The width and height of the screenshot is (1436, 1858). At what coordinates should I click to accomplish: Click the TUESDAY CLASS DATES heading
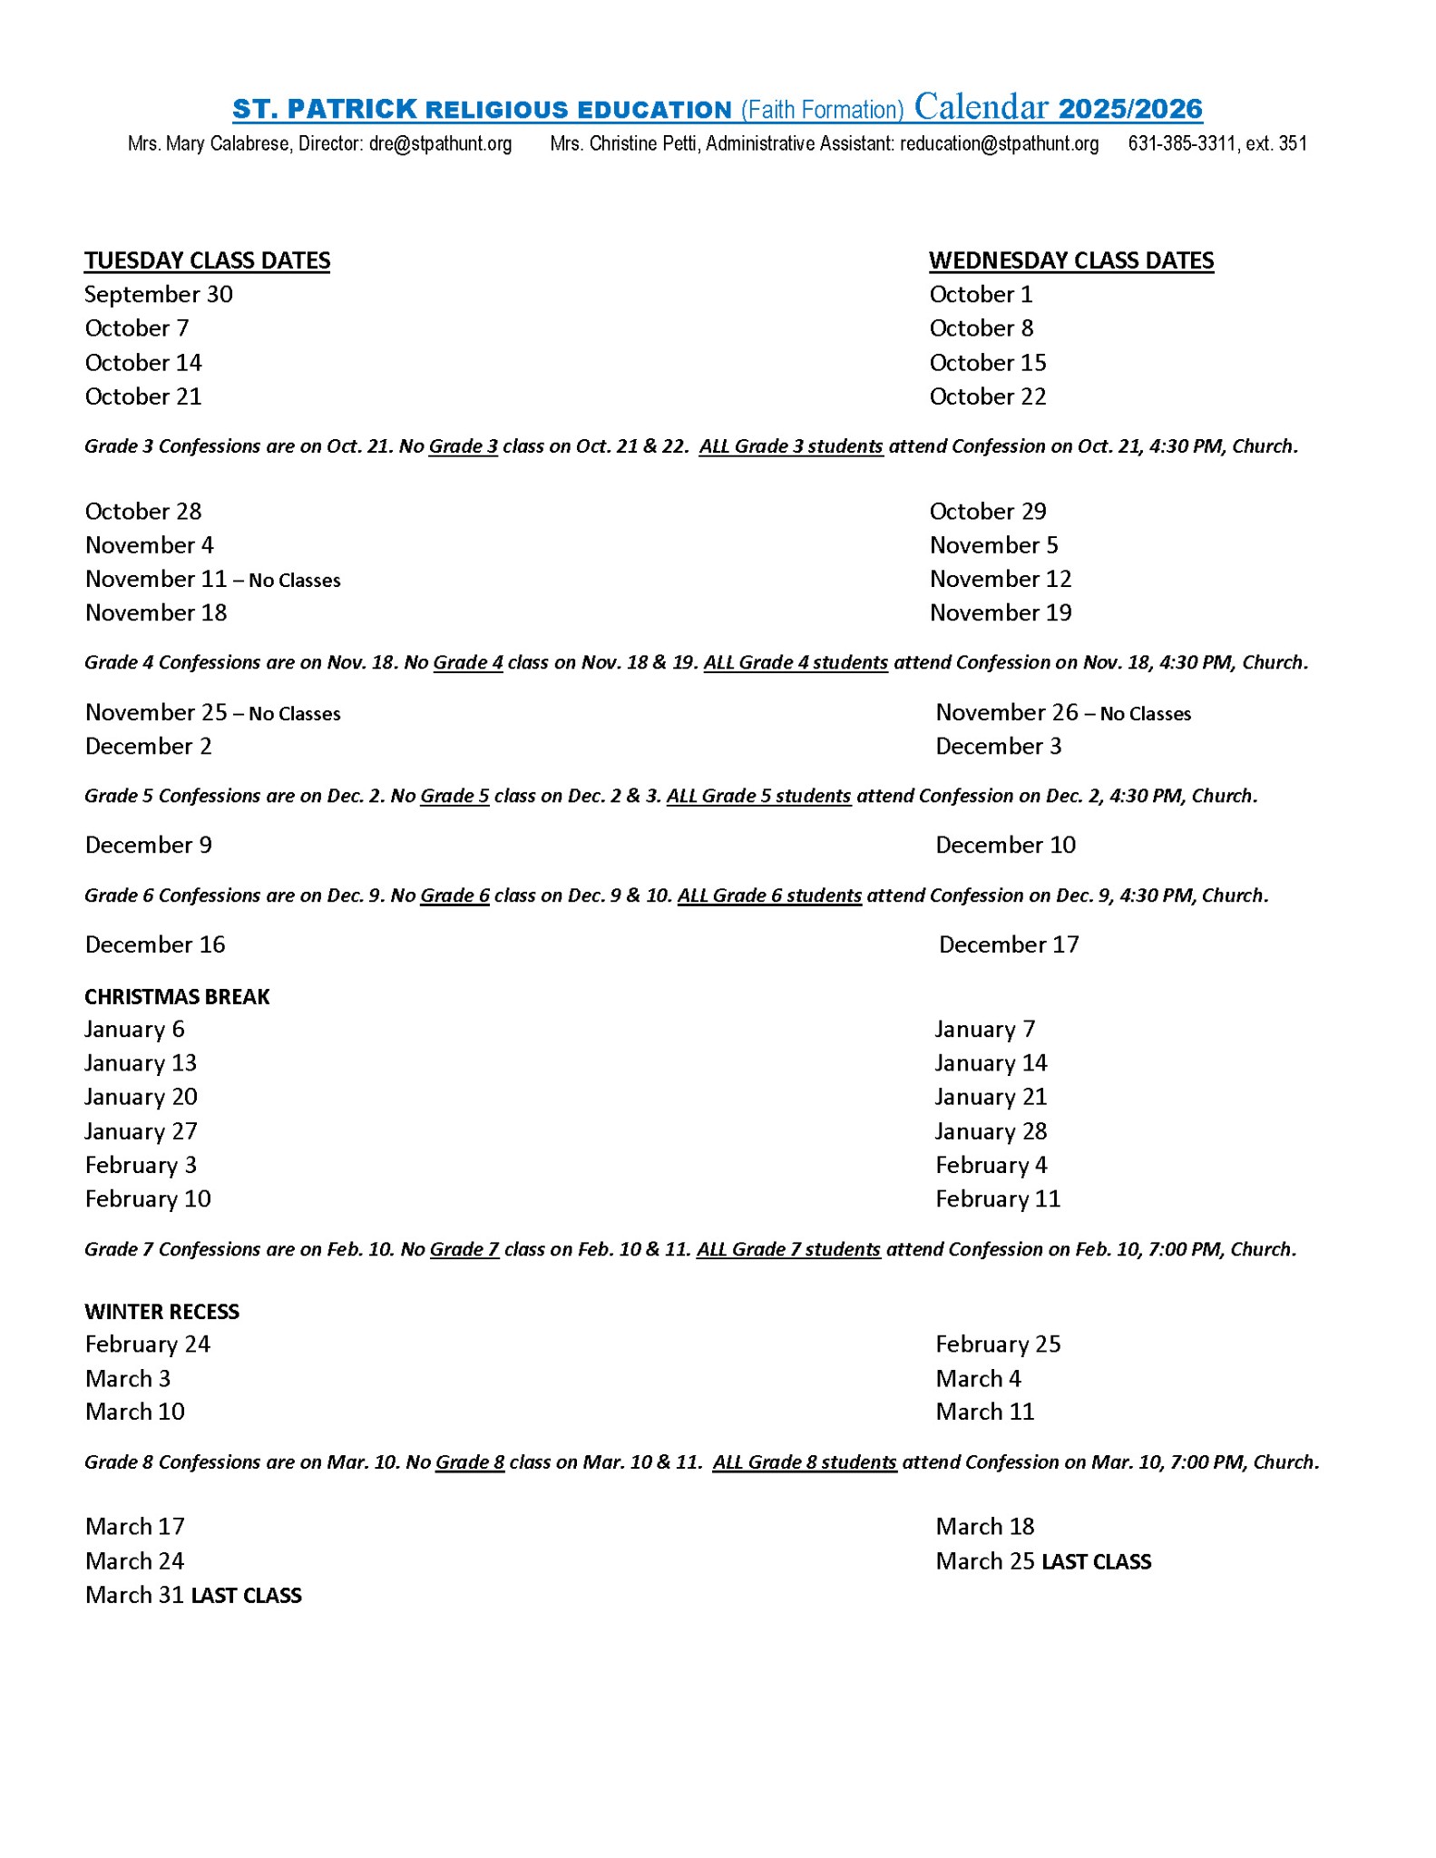207,260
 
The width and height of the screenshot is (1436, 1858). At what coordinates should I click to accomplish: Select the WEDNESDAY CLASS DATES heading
1070,260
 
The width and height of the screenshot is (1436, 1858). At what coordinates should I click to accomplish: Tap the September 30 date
159,295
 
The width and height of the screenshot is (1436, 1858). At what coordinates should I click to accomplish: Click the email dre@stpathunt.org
440,143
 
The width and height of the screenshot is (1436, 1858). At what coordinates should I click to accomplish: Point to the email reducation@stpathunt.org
999,143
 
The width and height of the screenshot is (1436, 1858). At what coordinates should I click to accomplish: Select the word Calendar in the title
981,108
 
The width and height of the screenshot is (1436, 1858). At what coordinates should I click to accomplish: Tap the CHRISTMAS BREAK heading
177,997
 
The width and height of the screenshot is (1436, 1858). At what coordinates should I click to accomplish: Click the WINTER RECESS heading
161,1312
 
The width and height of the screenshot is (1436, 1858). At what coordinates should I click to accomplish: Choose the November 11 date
155,579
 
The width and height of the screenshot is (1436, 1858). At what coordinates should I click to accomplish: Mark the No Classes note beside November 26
1145,714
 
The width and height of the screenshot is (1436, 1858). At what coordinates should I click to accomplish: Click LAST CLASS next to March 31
246,1596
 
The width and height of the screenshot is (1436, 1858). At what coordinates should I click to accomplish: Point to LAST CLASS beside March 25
1096,1562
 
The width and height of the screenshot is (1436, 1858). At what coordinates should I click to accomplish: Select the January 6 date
134,1030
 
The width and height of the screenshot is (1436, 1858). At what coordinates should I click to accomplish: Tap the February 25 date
998,1345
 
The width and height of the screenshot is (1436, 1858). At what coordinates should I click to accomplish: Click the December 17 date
1009,945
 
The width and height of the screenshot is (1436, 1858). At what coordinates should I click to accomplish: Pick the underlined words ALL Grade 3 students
791,446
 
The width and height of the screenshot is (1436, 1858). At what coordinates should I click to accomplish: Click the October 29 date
988,512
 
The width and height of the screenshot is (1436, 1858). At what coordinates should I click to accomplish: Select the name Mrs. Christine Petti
625,143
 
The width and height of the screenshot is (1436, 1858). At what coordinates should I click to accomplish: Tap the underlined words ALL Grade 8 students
805,1462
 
